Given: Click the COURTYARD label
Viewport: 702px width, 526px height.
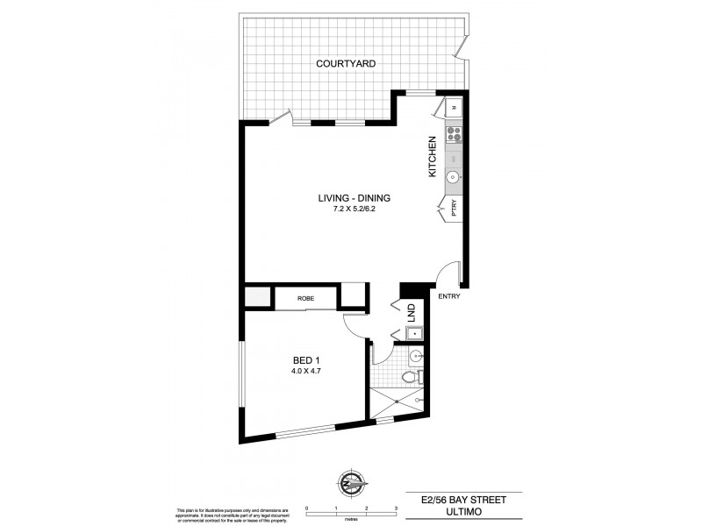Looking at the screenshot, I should point(346,64).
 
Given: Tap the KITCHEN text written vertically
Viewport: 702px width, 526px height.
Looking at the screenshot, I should point(432,158).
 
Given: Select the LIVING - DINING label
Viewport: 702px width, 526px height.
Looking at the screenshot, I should point(353,198).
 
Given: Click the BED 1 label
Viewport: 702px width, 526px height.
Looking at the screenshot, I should point(306,359).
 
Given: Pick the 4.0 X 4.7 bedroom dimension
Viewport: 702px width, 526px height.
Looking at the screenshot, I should point(306,370).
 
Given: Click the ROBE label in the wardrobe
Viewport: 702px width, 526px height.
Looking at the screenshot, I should point(305,299).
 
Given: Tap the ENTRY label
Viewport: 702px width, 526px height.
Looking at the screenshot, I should point(448,296).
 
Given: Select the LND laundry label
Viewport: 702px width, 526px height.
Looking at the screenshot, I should point(410,311).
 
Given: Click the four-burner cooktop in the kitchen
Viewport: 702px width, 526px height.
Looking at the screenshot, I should point(455,134).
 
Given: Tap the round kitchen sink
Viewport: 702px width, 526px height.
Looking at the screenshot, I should point(454,176).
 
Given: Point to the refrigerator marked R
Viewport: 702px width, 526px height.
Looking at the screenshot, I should point(454,108).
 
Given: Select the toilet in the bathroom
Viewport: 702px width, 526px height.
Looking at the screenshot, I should point(409,378).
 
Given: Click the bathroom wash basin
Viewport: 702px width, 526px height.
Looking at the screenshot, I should point(415,355).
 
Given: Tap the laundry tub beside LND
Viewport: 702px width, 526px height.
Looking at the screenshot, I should point(412,333).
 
